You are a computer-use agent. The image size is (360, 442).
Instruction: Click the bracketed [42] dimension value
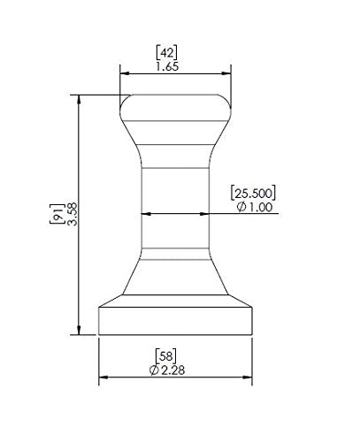[x=166, y=53]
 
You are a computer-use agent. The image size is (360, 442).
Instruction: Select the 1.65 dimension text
[x=167, y=66]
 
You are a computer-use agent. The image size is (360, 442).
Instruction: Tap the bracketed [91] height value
[x=57, y=214]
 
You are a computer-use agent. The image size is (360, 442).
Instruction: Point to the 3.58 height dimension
[x=73, y=214]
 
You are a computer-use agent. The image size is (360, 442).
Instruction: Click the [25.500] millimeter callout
[x=253, y=193]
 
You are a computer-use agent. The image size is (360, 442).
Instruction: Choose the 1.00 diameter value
[x=261, y=207]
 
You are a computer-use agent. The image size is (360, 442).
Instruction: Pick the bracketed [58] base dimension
[x=166, y=356]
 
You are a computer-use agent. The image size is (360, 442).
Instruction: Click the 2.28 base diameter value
[x=173, y=370]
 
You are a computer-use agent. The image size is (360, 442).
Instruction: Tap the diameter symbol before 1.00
[x=241, y=207]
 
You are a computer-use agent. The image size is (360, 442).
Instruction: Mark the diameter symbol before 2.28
[x=154, y=370]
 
